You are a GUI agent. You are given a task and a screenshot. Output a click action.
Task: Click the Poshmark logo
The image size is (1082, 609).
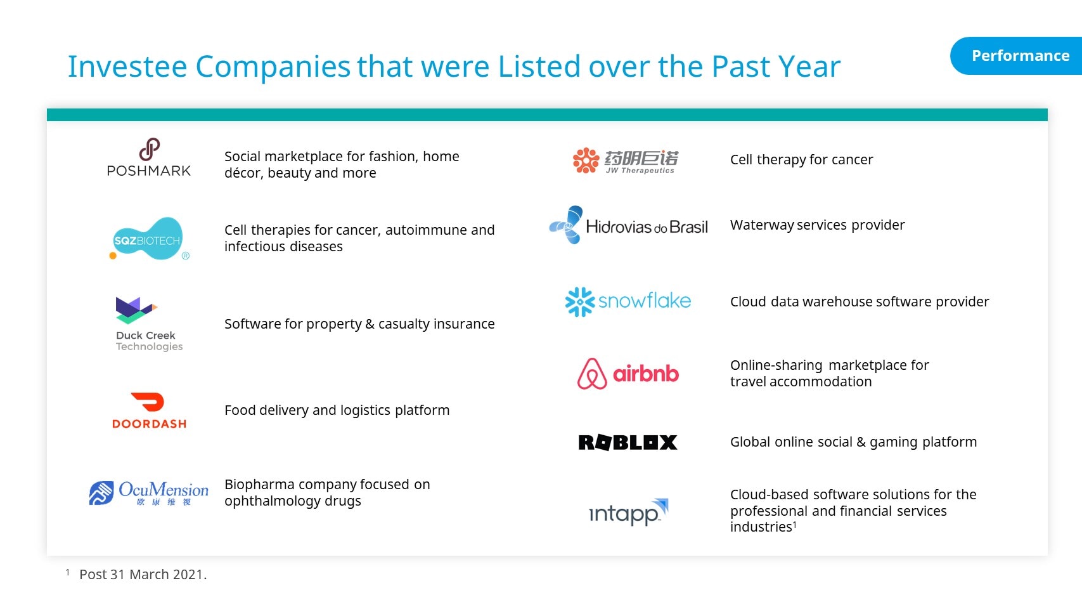[149, 157]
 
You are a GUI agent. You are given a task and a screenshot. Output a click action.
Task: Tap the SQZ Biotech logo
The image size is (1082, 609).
[149, 239]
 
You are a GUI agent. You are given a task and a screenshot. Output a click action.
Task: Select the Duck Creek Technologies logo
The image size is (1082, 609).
[149, 324]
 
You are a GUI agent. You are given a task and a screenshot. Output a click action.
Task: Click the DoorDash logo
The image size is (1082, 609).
[149, 410]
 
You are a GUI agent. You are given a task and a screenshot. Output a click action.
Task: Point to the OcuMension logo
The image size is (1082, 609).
[149, 493]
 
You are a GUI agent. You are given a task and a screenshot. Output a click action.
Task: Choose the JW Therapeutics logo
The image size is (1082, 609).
[626, 160]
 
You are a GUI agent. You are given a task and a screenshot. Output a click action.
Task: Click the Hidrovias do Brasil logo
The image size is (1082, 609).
[628, 225]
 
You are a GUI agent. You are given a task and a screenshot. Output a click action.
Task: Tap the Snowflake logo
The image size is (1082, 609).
[628, 301]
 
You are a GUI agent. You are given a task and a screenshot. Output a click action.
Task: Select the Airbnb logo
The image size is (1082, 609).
[628, 374]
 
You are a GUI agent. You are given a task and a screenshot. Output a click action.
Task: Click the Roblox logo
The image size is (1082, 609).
[628, 442]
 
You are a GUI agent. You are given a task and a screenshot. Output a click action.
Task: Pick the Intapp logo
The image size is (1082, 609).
[628, 512]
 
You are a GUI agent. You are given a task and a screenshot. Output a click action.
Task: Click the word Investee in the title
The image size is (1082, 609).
[127, 66]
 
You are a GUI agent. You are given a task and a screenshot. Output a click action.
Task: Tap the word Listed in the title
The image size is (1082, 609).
[539, 66]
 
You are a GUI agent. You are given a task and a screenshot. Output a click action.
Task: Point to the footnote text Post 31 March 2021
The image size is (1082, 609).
[143, 574]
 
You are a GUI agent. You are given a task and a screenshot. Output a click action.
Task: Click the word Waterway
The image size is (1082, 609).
[762, 225]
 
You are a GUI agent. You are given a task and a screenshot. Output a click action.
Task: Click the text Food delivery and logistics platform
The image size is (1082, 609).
[337, 410]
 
